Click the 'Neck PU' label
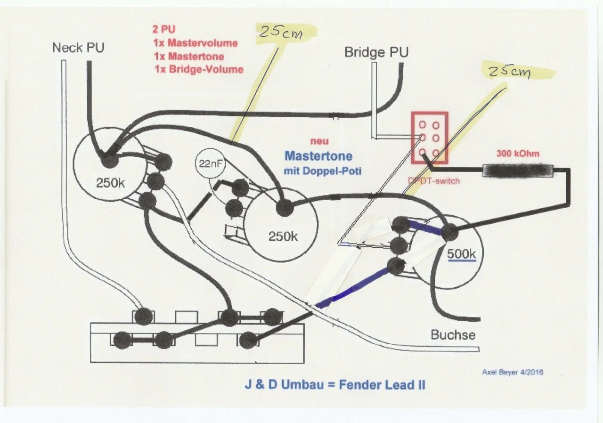[x=78, y=48]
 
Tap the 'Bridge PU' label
[x=376, y=52]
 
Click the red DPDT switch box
[x=429, y=138]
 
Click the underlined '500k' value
[x=462, y=253]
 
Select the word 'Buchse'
[x=453, y=335]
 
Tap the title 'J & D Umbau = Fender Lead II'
[x=334, y=384]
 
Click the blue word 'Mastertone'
[x=318, y=155]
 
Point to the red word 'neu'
[x=319, y=141]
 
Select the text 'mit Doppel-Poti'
[x=322, y=171]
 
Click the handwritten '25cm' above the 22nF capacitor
[x=282, y=33]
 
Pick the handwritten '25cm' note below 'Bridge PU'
[x=509, y=72]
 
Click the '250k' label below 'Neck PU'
[x=110, y=183]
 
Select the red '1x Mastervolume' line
[x=195, y=43]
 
